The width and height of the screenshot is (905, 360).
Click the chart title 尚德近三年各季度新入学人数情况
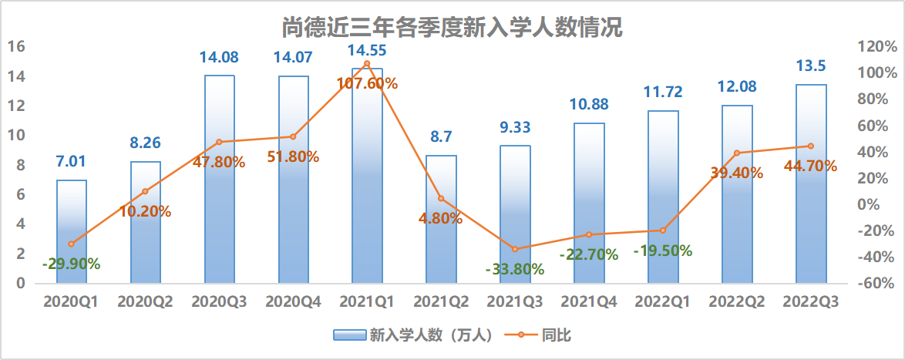(452, 28)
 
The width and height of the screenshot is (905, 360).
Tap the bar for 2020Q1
(72, 231)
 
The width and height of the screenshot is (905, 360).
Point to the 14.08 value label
(219, 57)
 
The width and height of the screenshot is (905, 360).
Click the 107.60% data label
(366, 83)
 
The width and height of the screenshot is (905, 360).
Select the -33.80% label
(515, 269)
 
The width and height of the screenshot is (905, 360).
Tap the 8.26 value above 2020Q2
(145, 143)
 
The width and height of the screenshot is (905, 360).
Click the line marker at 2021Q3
(515, 249)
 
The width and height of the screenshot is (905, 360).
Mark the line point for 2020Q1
(72, 244)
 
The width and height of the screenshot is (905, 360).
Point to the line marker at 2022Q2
(737, 153)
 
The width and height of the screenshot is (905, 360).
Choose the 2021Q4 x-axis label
(589, 303)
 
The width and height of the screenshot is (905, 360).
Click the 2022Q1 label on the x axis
(663, 303)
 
